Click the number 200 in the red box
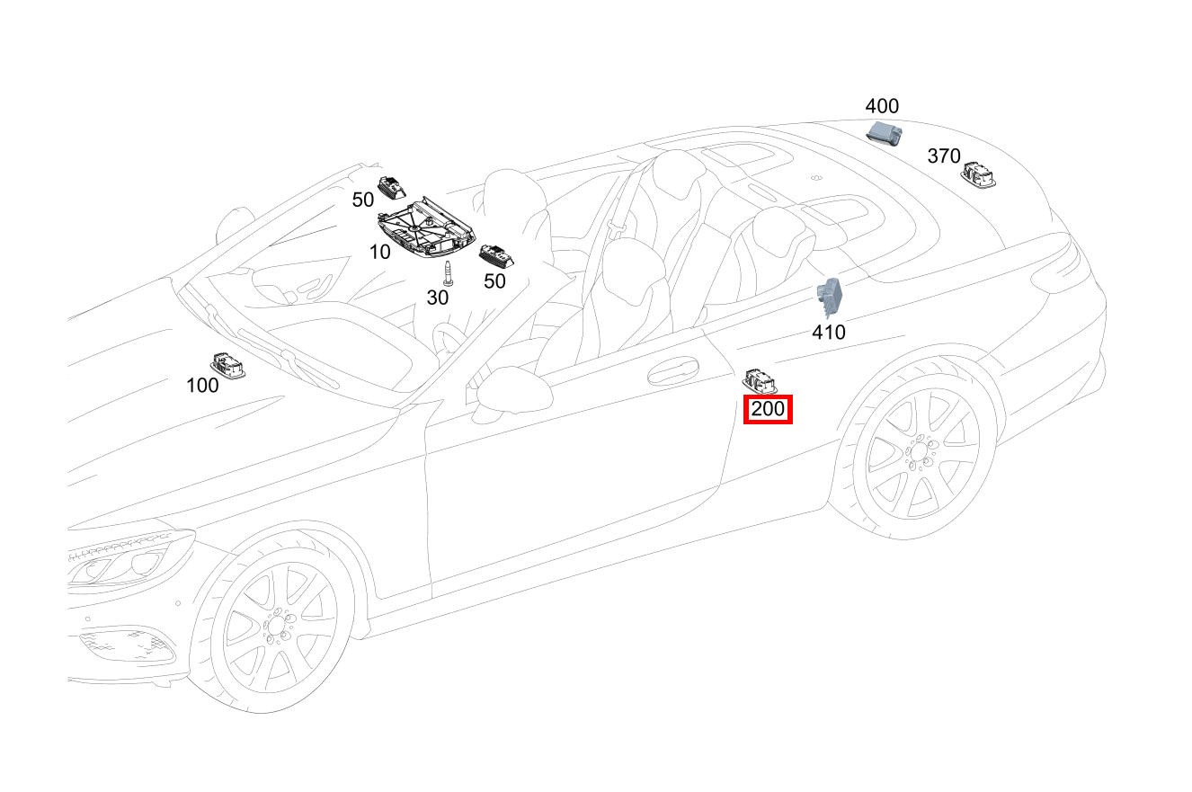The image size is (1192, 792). click(x=768, y=410)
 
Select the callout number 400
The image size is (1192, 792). click(x=881, y=106)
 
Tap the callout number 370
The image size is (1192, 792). click(x=943, y=156)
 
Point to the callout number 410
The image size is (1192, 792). click(x=828, y=333)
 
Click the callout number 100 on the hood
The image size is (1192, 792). click(x=202, y=386)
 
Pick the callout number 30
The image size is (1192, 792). click(x=437, y=298)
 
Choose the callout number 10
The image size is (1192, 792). click(x=380, y=253)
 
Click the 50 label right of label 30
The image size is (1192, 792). click(x=494, y=281)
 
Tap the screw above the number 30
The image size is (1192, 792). click(x=450, y=271)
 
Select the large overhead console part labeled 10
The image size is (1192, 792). click(x=425, y=229)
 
